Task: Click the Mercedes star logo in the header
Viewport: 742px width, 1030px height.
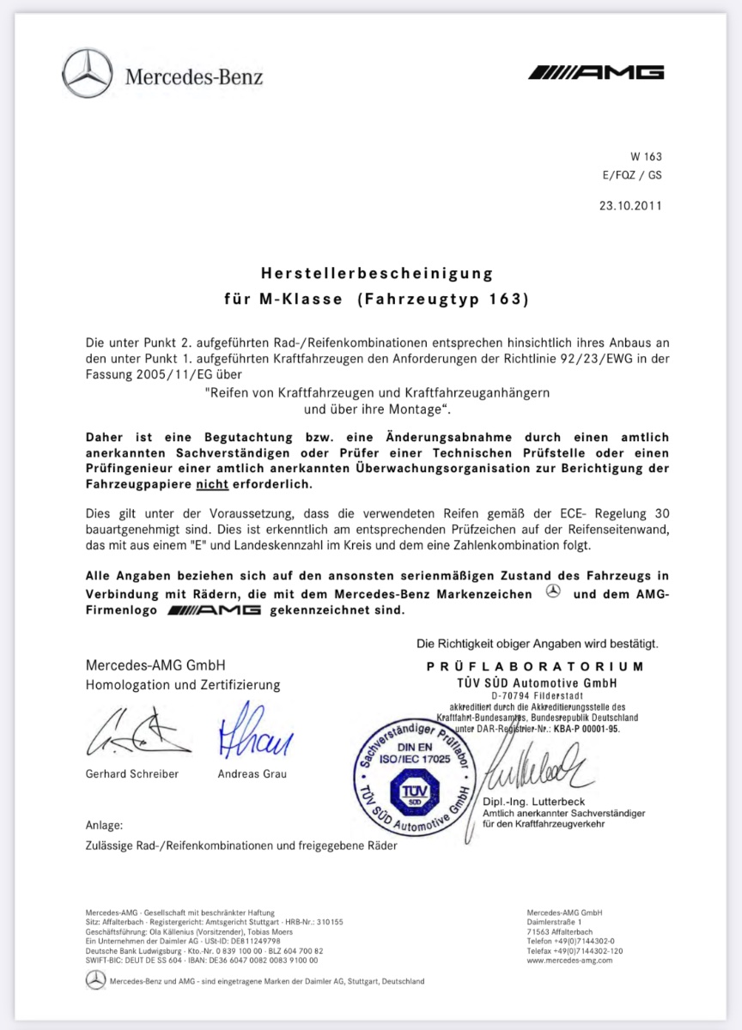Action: click(88, 73)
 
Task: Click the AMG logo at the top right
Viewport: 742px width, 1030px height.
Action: click(596, 72)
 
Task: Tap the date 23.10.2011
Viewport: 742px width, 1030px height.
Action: click(630, 205)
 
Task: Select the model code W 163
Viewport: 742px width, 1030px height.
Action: click(646, 157)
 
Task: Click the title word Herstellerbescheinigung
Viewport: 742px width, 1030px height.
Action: click(377, 273)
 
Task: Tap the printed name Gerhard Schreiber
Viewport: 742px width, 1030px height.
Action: click(132, 773)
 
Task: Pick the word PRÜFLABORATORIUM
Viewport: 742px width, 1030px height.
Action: click(534, 666)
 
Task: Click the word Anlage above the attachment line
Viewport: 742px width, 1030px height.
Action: click(104, 825)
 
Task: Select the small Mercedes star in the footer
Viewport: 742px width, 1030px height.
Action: click(95, 980)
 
